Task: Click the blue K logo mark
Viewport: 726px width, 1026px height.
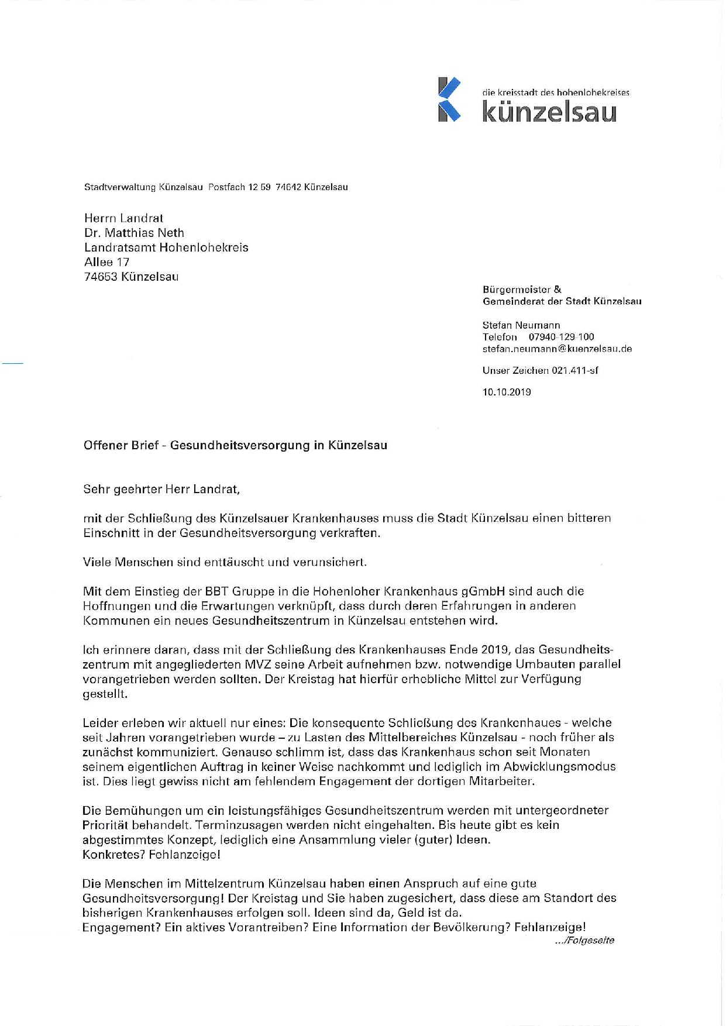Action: [x=449, y=99]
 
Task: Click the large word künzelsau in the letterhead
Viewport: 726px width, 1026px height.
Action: [x=549, y=112]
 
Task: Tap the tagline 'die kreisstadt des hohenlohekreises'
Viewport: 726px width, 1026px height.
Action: [x=555, y=92]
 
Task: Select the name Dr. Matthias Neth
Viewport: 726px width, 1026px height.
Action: [x=134, y=233]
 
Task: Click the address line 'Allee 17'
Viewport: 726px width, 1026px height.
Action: [x=106, y=262]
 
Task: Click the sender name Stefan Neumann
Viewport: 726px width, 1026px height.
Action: [x=521, y=325]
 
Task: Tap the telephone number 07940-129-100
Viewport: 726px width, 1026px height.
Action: [x=561, y=337]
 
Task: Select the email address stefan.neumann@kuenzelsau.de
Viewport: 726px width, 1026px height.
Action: [x=557, y=349]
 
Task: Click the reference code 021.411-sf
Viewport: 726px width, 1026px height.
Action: [x=574, y=370]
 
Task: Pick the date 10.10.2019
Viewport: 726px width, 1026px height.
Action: [x=507, y=392]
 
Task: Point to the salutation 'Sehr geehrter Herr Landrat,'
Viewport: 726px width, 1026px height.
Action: [x=161, y=489]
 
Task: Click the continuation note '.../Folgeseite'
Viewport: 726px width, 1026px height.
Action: [x=584, y=941]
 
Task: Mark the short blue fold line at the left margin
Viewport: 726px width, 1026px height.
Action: [x=12, y=364]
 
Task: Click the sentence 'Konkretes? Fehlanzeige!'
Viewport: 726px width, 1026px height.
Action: [x=152, y=855]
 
